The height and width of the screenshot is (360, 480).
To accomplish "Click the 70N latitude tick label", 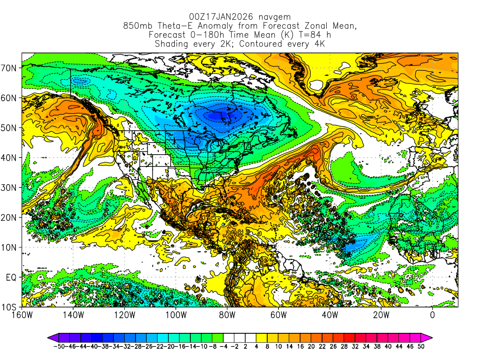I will (x=10, y=68).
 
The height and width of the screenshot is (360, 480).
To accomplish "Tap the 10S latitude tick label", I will (x=10, y=307).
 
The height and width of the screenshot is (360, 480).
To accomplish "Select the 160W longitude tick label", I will (x=22, y=315).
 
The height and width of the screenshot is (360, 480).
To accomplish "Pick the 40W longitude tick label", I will (x=330, y=315).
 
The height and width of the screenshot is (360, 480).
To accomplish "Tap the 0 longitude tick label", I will (x=432, y=315).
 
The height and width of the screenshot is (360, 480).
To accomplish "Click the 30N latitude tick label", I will (x=10, y=187).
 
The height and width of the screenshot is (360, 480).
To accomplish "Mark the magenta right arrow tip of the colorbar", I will (x=430, y=337).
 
